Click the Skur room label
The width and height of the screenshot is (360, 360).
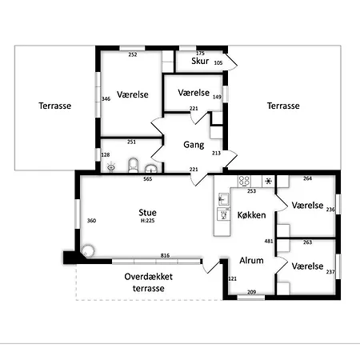pyautogui.click(x=200, y=61)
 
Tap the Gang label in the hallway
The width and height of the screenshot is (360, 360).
pyautogui.click(x=194, y=145)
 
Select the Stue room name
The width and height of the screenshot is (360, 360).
pyautogui.click(x=147, y=213)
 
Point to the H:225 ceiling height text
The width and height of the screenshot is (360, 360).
pyautogui.click(x=148, y=221)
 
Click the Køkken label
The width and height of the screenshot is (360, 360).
pyautogui.click(x=251, y=215)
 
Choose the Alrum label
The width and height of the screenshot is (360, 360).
pyautogui.click(x=251, y=260)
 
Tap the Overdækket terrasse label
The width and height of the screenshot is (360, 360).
pyautogui.click(x=149, y=282)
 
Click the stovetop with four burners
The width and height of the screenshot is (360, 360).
pyautogui.click(x=244, y=181)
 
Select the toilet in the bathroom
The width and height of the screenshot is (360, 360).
pyautogui.click(x=134, y=166)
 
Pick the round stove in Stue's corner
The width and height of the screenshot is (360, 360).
pyautogui.click(x=88, y=251)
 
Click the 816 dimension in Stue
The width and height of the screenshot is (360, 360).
pyautogui.click(x=165, y=255)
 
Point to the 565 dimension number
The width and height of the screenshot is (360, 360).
pyautogui.click(x=148, y=179)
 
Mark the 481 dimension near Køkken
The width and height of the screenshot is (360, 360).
pyautogui.click(x=269, y=241)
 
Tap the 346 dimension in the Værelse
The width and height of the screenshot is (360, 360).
pyautogui.click(x=106, y=98)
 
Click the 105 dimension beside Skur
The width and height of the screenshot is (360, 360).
pyautogui.click(x=218, y=63)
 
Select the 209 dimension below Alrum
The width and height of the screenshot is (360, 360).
pyautogui.click(x=251, y=292)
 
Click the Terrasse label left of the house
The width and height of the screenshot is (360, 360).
pyautogui.click(x=55, y=106)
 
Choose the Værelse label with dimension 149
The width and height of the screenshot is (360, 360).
pyautogui.click(x=194, y=93)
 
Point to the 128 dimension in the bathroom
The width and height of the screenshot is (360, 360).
pyautogui.click(x=106, y=154)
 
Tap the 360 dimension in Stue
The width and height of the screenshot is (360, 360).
pyautogui.click(x=91, y=221)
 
